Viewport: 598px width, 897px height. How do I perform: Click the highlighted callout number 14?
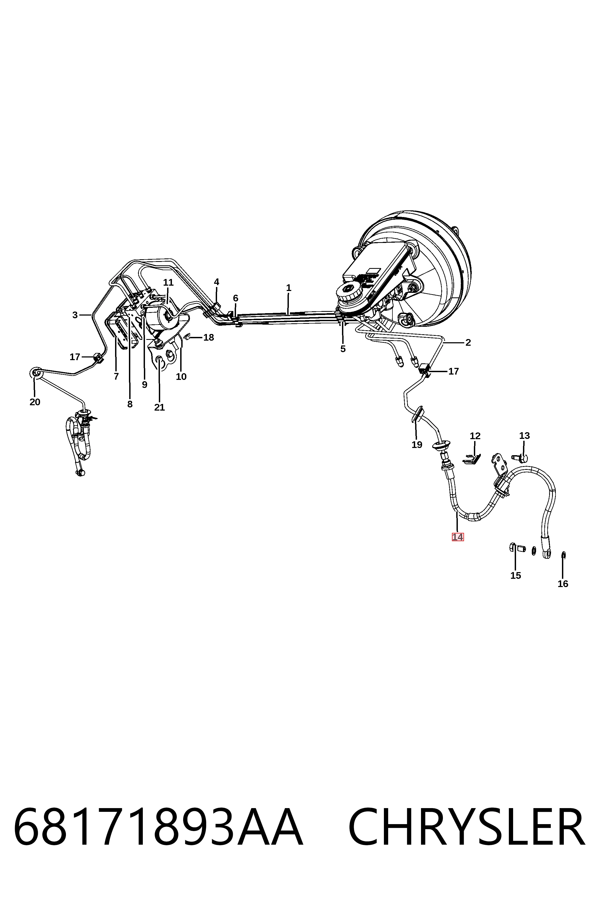458,537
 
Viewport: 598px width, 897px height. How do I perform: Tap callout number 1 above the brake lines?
289,288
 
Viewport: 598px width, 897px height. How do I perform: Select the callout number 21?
159,407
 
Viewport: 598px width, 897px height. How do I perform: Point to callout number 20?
35,402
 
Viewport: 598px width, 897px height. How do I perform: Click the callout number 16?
563,584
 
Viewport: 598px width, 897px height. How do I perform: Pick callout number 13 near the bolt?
524,435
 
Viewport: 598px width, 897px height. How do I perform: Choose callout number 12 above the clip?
475,435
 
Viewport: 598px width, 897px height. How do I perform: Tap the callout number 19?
417,444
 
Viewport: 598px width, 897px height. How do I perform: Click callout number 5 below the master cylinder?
343,349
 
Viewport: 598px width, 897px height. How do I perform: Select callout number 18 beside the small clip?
208,337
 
